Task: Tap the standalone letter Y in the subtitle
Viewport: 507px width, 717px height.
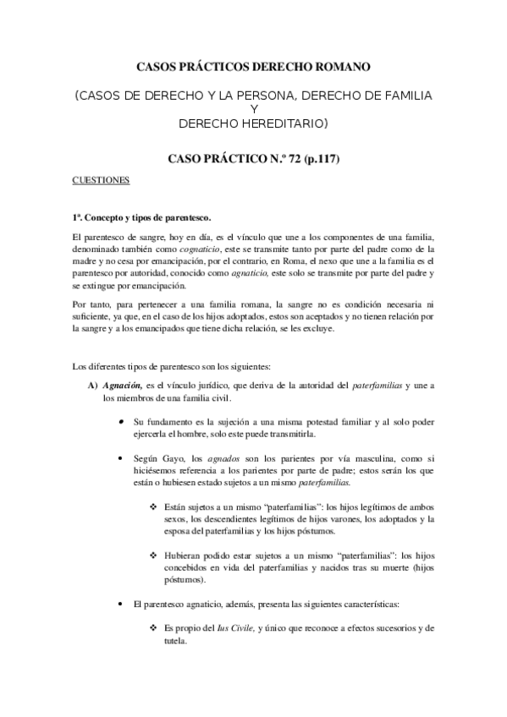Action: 253,110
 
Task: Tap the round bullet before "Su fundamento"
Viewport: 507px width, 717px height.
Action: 122,422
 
